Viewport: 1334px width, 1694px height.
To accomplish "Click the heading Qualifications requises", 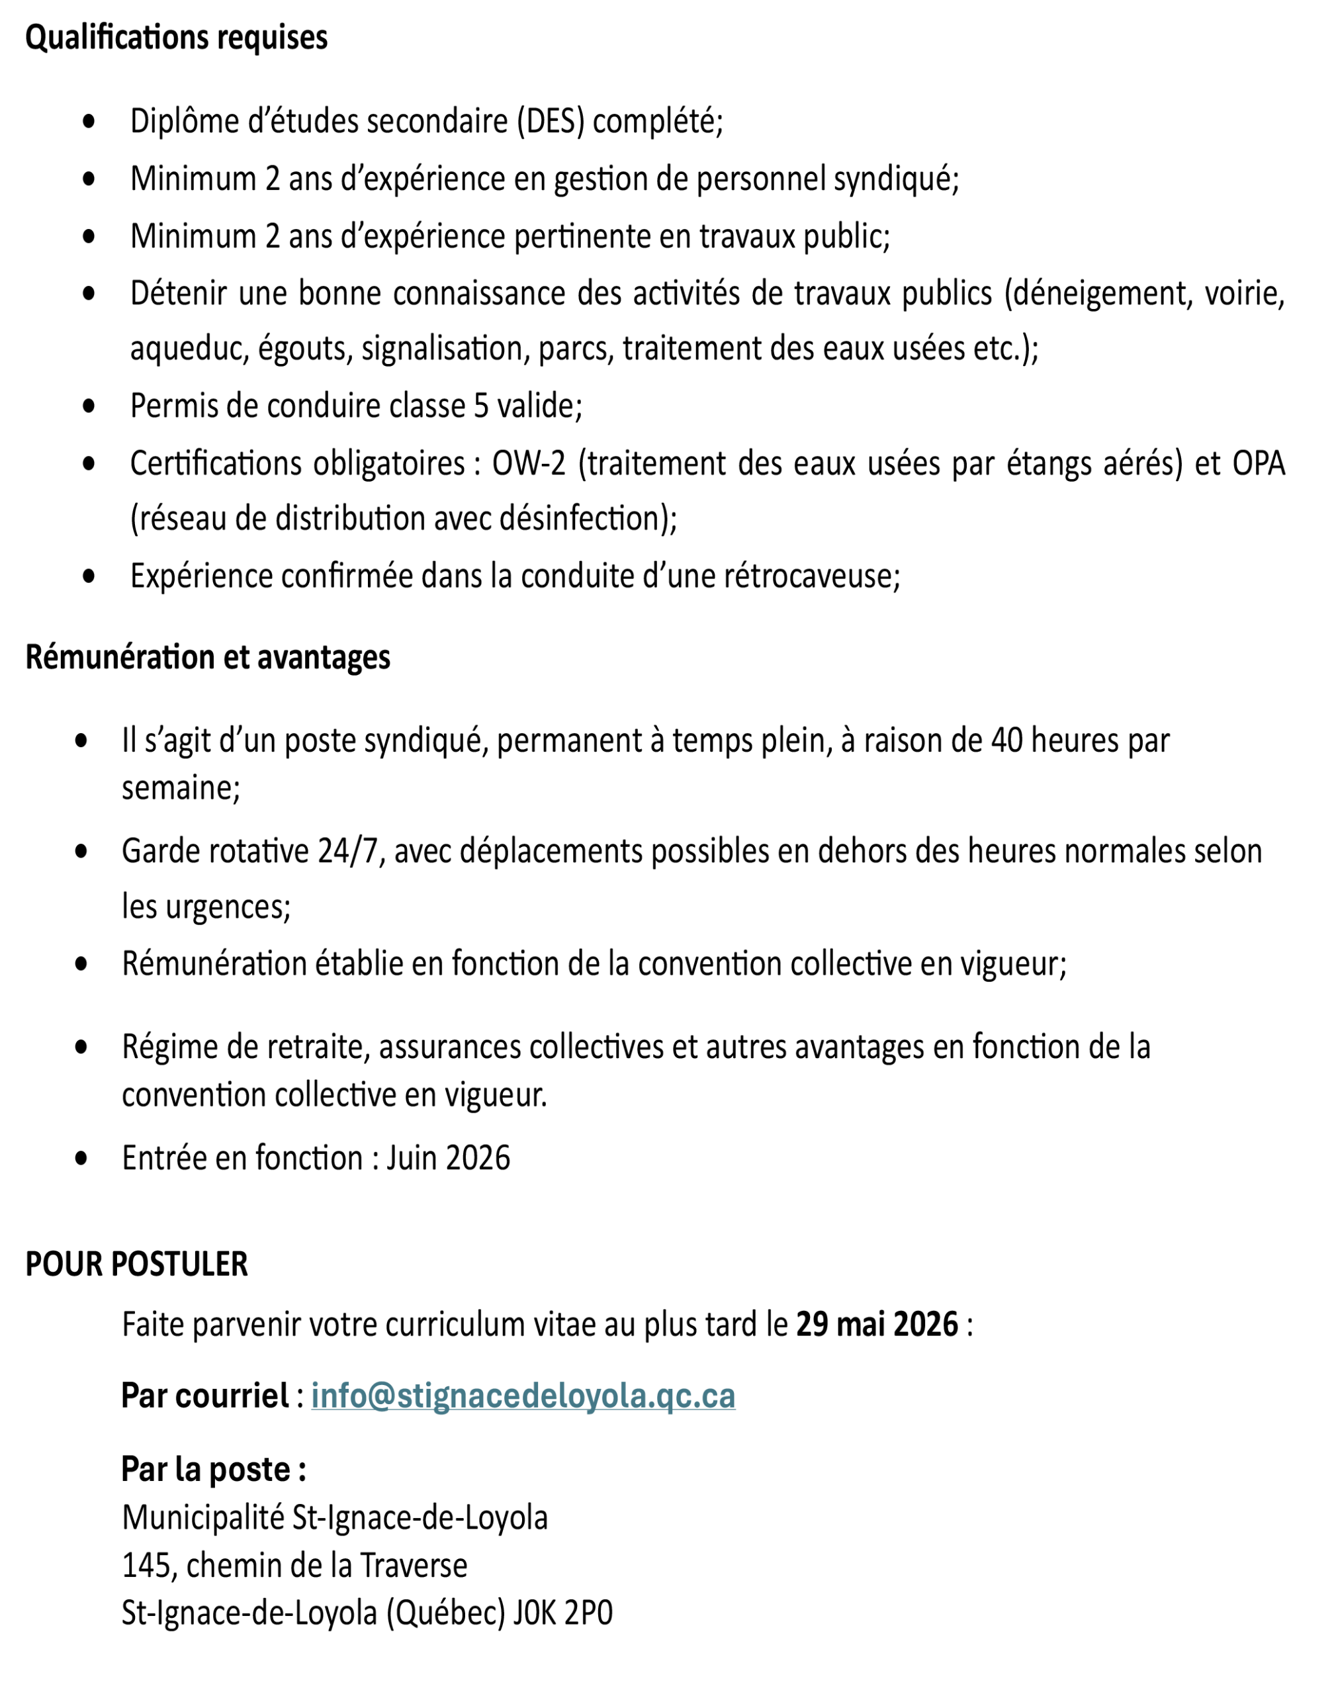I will coord(176,38).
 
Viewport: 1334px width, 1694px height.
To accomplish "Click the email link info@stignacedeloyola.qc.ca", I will coord(523,1396).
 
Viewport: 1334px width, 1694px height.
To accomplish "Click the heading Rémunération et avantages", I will coord(208,657).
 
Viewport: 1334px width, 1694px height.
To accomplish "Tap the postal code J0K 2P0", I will coord(562,1613).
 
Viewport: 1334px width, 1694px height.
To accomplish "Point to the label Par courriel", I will coord(204,1396).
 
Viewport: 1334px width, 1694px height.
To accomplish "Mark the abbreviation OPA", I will coord(1259,464).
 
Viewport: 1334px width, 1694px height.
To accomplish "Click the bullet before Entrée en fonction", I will coord(81,1157).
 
